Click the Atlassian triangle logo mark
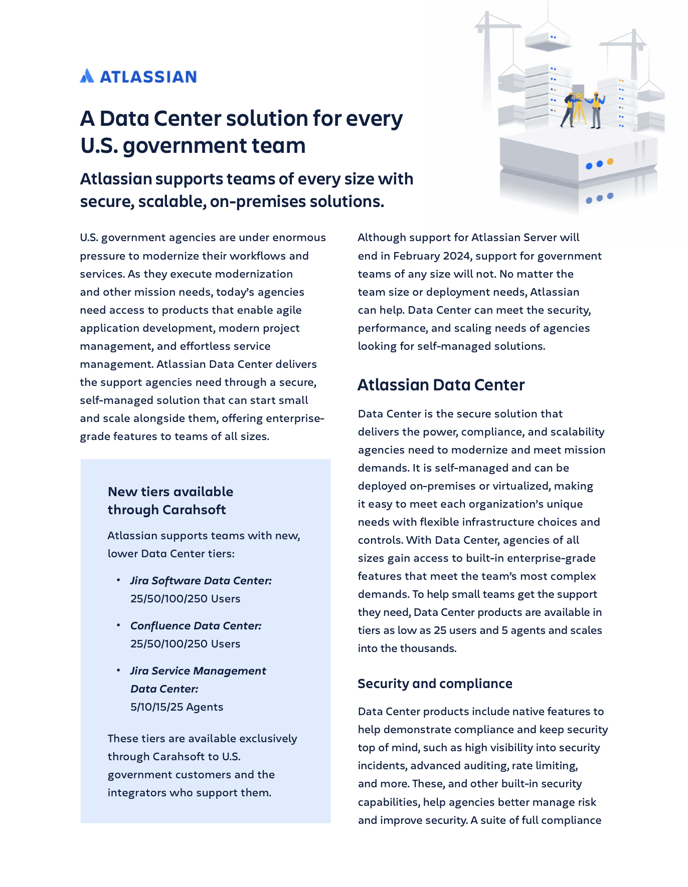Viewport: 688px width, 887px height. [x=87, y=76]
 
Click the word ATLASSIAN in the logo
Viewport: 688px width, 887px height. [x=148, y=77]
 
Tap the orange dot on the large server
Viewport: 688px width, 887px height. [x=610, y=161]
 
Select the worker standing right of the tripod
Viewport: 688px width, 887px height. [x=596, y=110]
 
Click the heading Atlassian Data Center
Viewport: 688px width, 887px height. [x=441, y=385]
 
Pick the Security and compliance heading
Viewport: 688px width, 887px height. [x=435, y=684]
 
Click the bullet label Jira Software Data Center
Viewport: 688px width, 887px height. [x=201, y=581]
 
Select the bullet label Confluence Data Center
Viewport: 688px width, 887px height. [x=196, y=626]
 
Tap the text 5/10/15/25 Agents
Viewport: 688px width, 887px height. [x=177, y=707]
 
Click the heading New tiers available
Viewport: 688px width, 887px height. [x=170, y=492]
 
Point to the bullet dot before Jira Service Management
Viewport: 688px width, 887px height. [x=118, y=670]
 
